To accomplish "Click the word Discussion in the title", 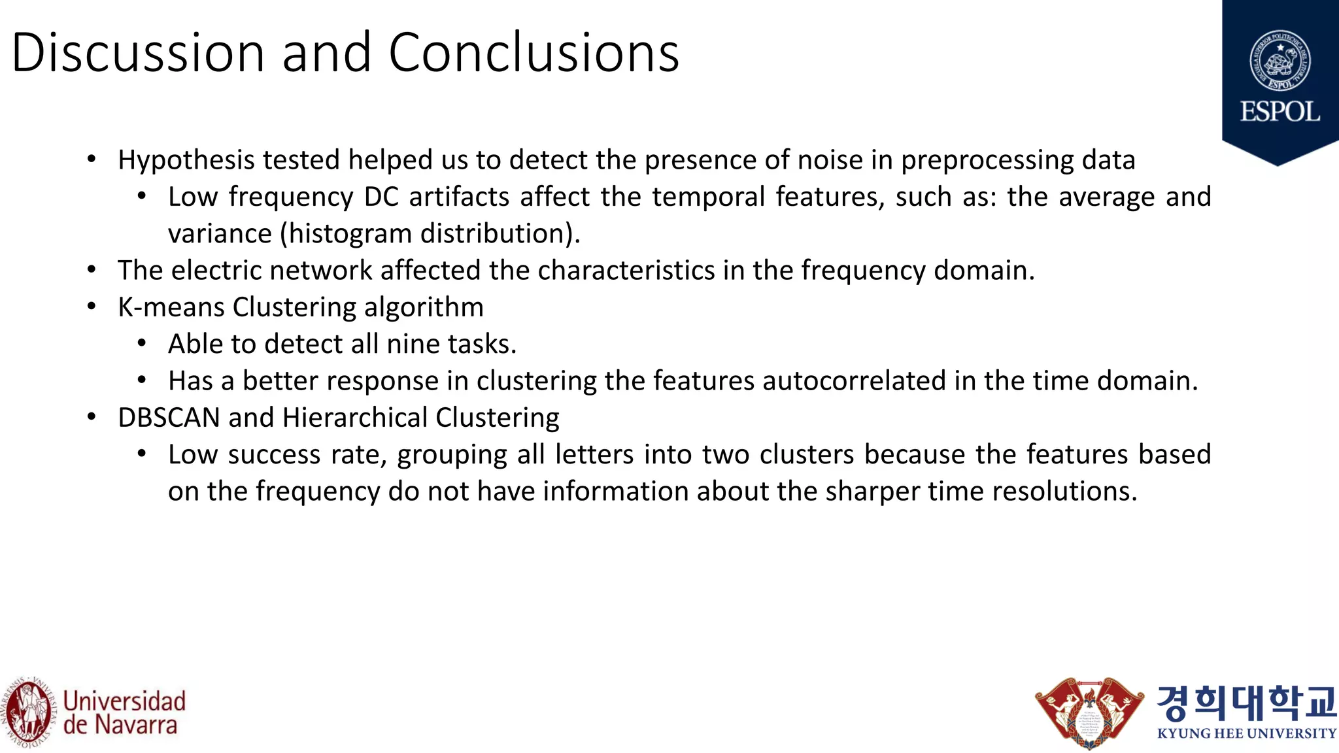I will point(137,52).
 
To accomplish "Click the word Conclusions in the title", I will point(534,52).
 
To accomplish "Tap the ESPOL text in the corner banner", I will point(1280,112).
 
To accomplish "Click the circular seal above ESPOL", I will point(1280,61).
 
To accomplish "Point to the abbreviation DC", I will point(381,197).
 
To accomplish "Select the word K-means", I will point(171,307).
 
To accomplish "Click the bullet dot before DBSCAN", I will point(92,416).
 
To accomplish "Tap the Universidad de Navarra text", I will point(124,713).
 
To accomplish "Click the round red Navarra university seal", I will point(27,712).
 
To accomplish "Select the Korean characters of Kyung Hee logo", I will point(1246,702).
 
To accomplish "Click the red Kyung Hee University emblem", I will point(1089,712).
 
